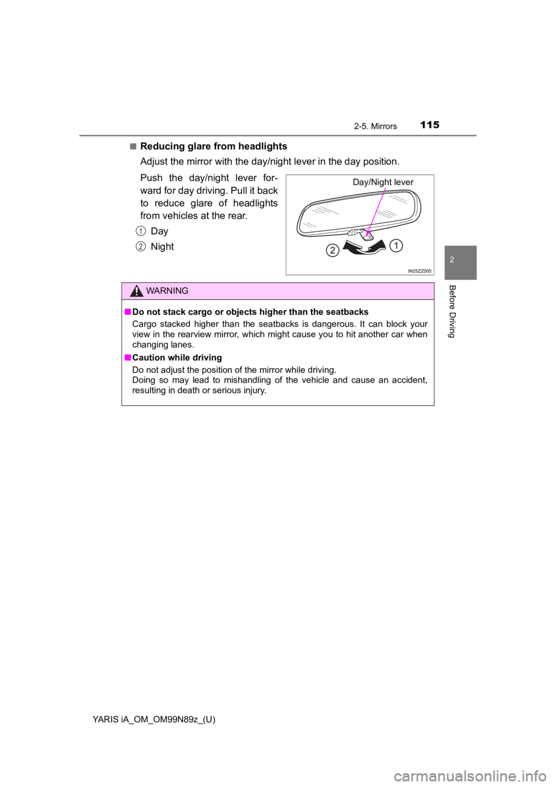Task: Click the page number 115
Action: pyautogui.click(x=430, y=124)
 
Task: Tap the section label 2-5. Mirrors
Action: pyautogui.click(x=375, y=126)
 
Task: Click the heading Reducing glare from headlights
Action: pyautogui.click(x=213, y=146)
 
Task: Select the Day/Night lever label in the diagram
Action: pyautogui.click(x=383, y=182)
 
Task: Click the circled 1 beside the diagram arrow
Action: pyautogui.click(x=396, y=245)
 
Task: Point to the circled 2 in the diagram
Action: pyautogui.click(x=333, y=250)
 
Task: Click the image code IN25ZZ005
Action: pyautogui.click(x=419, y=271)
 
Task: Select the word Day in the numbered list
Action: pyautogui.click(x=159, y=232)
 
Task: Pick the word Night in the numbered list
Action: pyautogui.click(x=162, y=247)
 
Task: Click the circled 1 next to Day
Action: pyautogui.click(x=140, y=231)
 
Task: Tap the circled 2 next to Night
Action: pyautogui.click(x=140, y=247)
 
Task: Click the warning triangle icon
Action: pyautogui.click(x=136, y=291)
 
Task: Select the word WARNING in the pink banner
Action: pyautogui.click(x=167, y=291)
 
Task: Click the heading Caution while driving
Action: pyautogui.click(x=177, y=358)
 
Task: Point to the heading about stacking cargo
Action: pyautogui.click(x=250, y=312)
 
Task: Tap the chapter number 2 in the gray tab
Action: pyautogui.click(x=452, y=260)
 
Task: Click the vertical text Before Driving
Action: pyautogui.click(x=452, y=311)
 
